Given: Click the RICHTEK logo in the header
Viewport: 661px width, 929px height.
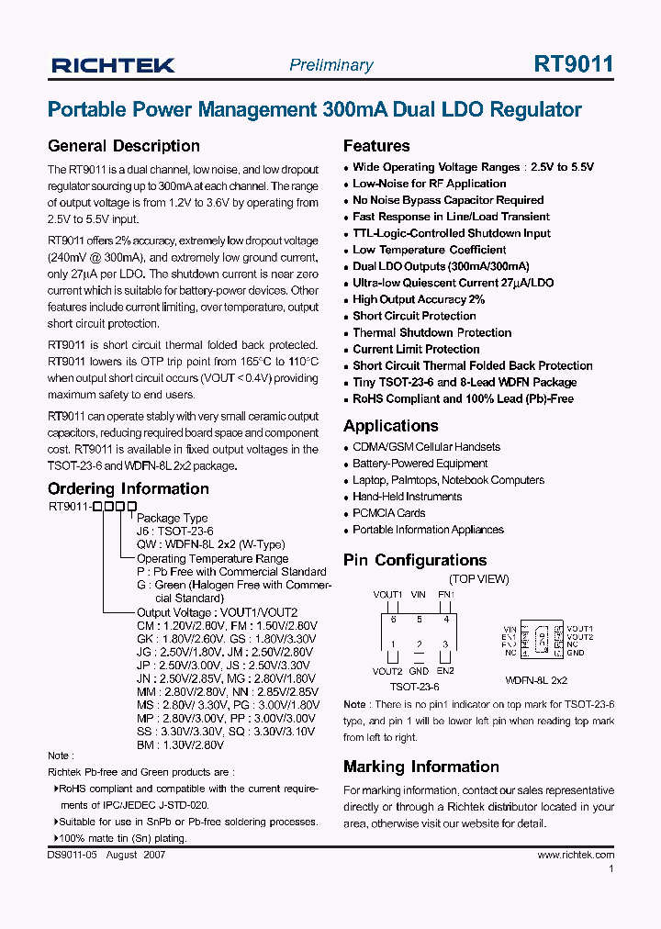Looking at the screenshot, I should (x=113, y=65).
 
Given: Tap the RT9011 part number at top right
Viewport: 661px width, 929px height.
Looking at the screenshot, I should (x=574, y=64).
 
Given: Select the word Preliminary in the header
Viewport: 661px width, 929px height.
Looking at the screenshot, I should (x=331, y=65).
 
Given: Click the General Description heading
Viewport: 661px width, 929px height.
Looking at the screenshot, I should (x=123, y=146).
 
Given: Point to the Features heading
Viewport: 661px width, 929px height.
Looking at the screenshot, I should (x=376, y=146).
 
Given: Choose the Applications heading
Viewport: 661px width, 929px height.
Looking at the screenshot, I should (x=391, y=426).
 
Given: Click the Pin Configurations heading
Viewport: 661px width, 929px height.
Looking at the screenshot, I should (x=415, y=560).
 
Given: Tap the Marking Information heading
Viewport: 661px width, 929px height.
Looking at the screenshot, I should (x=421, y=767).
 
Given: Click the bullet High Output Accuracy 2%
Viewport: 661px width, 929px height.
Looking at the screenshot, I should (x=419, y=299).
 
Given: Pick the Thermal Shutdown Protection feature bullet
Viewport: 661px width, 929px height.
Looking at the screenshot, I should (x=431, y=332).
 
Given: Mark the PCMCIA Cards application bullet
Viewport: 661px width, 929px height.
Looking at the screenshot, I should (x=388, y=513).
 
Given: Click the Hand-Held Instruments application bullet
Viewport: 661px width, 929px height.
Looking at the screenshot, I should (x=407, y=497).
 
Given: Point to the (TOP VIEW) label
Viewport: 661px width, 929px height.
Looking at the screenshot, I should (x=478, y=579).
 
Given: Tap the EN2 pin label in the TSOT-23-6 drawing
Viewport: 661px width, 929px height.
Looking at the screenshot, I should (x=445, y=671).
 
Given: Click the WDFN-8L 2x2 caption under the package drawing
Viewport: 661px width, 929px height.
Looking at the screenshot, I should (x=536, y=680).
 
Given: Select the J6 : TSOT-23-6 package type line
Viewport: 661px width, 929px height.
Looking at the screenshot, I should (x=174, y=532).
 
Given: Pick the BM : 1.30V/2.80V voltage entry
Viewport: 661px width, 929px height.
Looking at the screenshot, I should (x=91, y=744).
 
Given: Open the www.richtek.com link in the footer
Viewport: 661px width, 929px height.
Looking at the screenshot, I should (x=576, y=855).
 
